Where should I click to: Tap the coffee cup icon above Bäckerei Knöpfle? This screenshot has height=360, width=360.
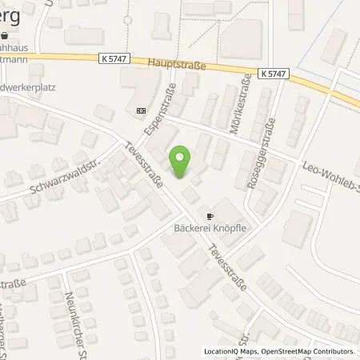coord(210,216)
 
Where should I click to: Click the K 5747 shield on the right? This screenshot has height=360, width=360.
coord(274,73)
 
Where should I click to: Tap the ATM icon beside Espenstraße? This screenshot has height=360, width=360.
coord(141,111)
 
